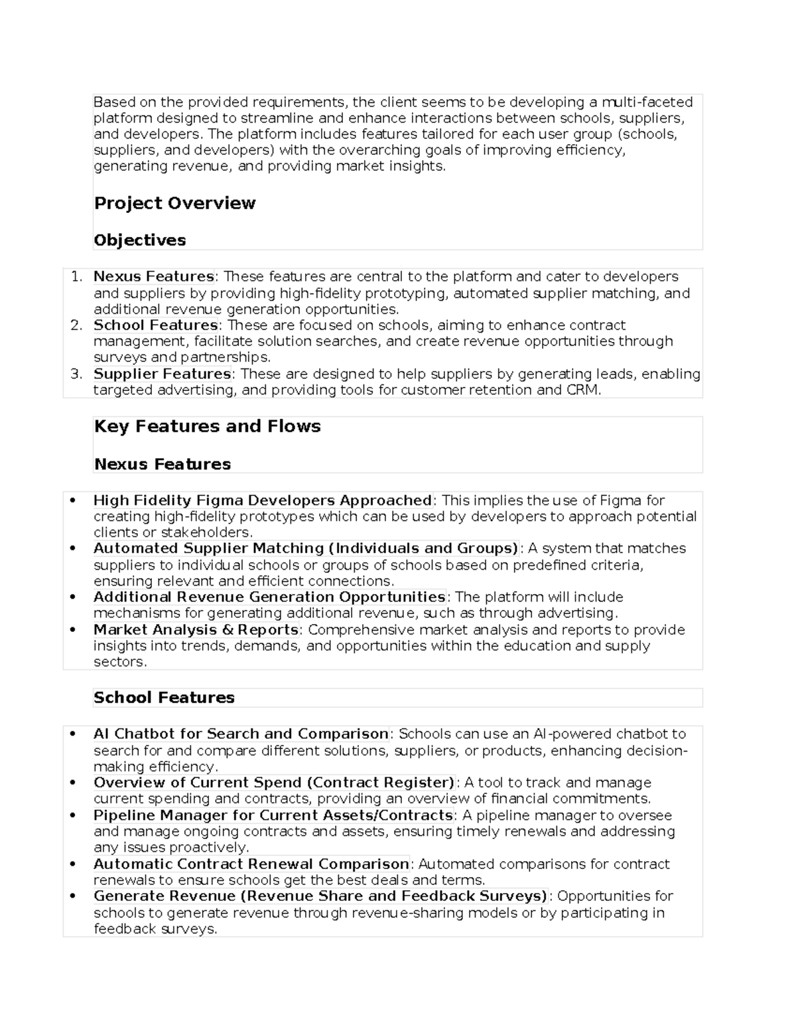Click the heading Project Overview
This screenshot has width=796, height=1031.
click(174, 203)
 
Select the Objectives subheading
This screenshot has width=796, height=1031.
click(139, 240)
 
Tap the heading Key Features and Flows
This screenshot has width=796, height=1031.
click(207, 426)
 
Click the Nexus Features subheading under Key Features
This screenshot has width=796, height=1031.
click(162, 464)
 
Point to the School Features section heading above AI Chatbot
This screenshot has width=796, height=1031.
click(164, 698)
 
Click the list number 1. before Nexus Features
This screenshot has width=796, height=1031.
click(76, 277)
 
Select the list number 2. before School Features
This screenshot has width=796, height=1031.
click(76, 325)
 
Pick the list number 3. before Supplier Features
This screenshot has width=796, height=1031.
click(76, 374)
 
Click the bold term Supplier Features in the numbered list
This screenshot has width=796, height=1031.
click(162, 374)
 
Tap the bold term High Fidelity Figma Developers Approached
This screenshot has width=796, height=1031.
click(263, 501)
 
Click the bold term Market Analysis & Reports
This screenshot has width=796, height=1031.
click(196, 629)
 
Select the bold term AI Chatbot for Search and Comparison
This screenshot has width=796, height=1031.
click(241, 734)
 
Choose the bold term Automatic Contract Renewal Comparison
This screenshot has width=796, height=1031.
click(251, 864)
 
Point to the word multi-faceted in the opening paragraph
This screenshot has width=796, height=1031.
click(647, 102)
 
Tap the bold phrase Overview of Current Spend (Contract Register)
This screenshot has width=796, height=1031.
click(274, 782)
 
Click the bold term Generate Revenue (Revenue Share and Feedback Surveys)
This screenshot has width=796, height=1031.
click(320, 896)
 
